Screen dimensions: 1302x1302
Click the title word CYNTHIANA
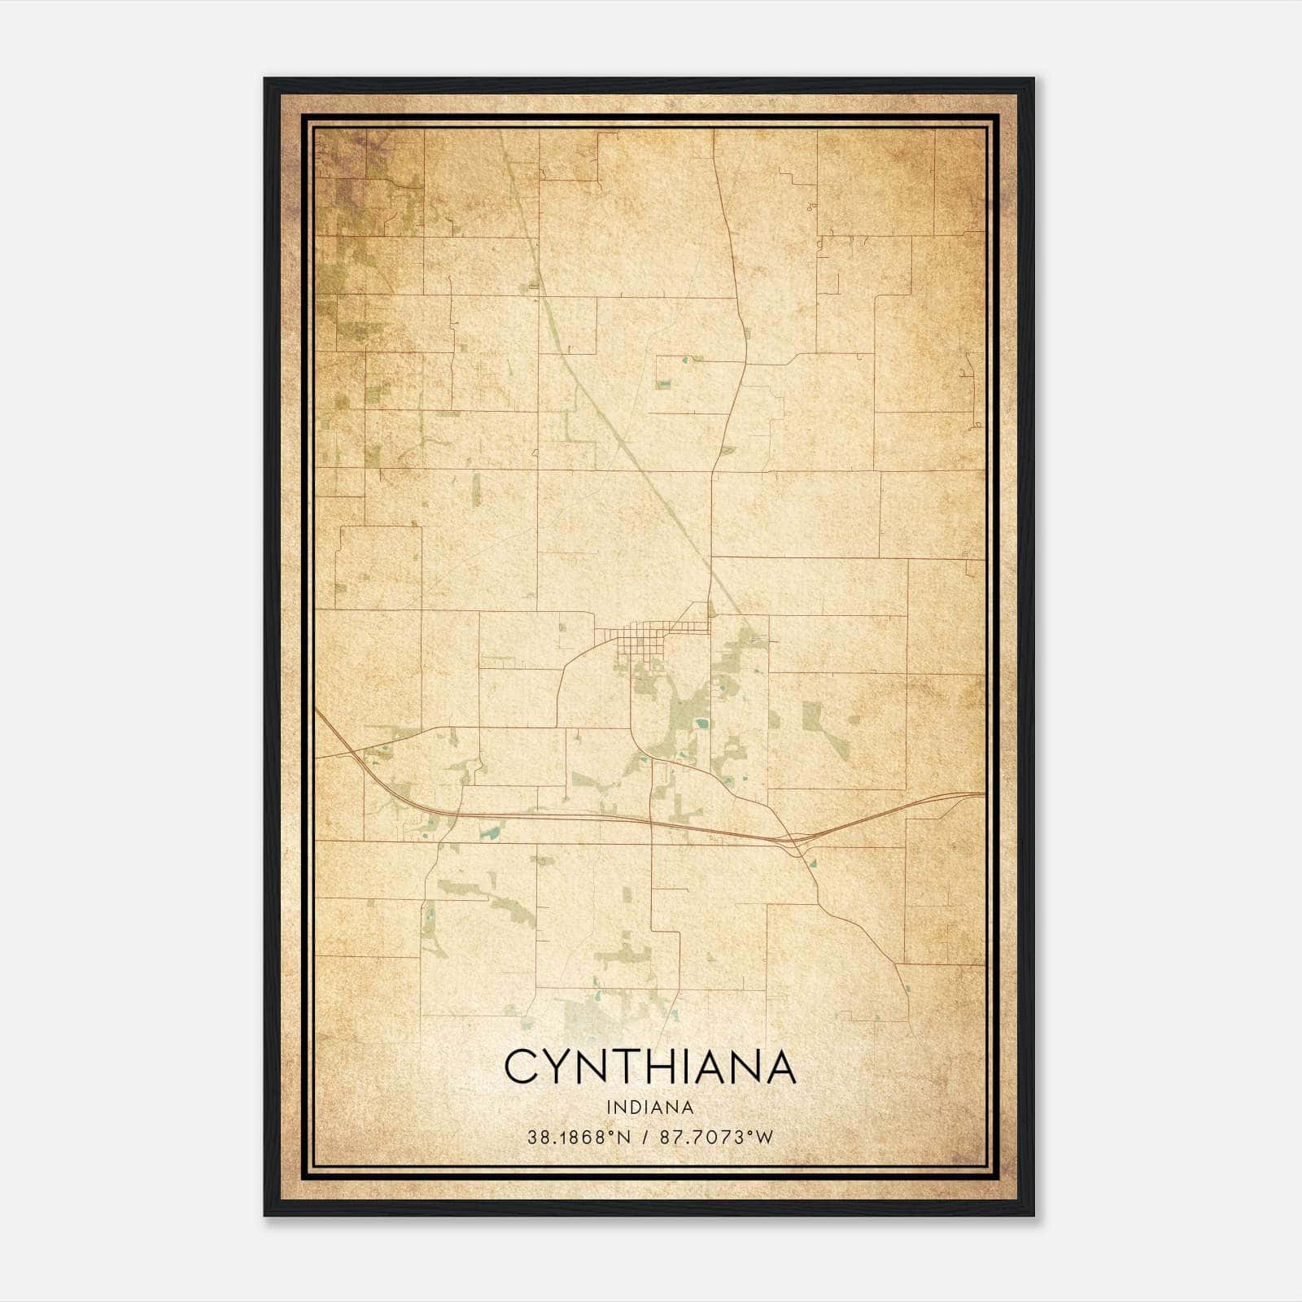click(x=650, y=1066)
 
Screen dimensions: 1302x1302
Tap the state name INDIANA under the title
click(x=650, y=1108)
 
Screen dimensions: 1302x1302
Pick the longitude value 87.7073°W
click(x=716, y=1138)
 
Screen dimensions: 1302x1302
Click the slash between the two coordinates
click(x=645, y=1138)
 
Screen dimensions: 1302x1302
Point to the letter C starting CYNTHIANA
click(x=522, y=1066)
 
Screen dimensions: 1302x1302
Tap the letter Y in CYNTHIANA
click(x=561, y=1066)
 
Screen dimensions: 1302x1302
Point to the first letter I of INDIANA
click(x=609, y=1108)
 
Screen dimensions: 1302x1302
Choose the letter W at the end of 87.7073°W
click(x=764, y=1138)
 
